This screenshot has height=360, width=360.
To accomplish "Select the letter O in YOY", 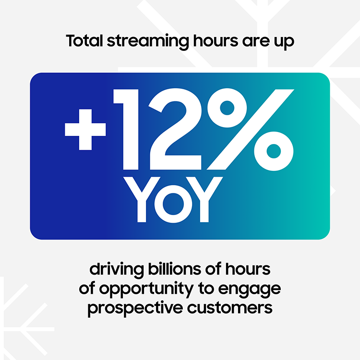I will coord(179,200).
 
